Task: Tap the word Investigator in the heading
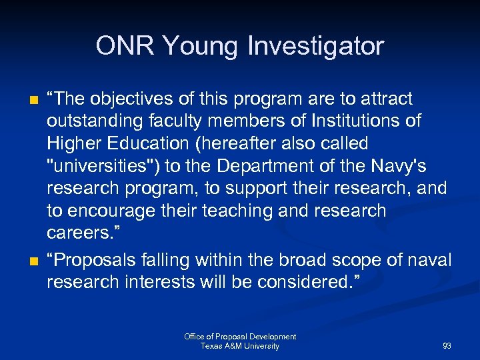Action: coord(315,47)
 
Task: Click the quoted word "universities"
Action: coord(99,166)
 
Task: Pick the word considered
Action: coord(308,282)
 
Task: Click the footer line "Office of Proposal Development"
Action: coord(240,337)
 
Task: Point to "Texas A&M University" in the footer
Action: coord(240,346)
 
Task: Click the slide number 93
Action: coord(447,346)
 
